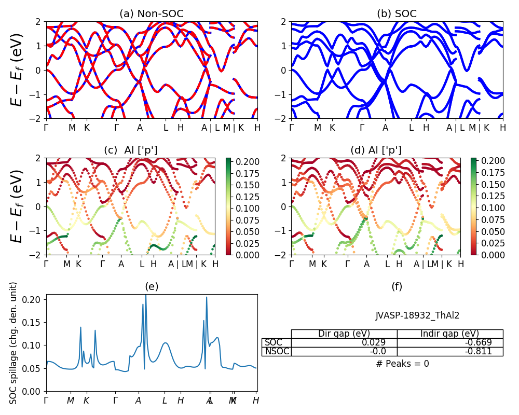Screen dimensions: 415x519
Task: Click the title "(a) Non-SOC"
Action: point(152,14)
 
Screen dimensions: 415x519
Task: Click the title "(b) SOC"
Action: point(397,14)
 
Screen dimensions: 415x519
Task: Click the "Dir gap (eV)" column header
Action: point(344,334)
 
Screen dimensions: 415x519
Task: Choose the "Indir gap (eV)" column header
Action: point(450,334)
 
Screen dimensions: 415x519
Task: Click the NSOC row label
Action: point(277,351)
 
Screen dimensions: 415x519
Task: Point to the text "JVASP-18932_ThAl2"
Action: point(417,315)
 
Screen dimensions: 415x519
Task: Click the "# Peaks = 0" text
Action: point(402,364)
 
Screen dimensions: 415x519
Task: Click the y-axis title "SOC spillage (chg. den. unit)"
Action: point(14,343)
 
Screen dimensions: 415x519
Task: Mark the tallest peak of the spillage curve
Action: point(146,295)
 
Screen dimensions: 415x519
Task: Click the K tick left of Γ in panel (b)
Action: point(332,127)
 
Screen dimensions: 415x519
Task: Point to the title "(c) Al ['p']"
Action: point(131,150)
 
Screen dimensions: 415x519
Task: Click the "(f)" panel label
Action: point(397,286)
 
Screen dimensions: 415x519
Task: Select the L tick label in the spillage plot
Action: point(165,400)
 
